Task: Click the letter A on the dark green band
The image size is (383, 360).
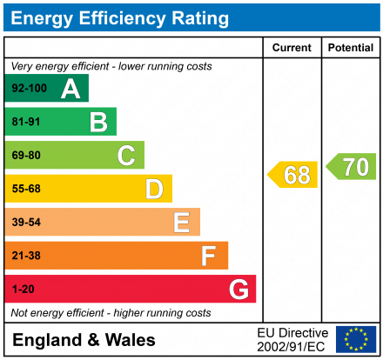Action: [x=71, y=89]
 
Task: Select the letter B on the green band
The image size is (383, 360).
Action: [x=98, y=123]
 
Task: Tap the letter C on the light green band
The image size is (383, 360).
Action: [x=126, y=156]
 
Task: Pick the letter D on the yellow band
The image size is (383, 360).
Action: [x=154, y=189]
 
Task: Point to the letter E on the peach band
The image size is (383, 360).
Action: [x=181, y=223]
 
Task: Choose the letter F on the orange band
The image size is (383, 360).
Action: [x=209, y=256]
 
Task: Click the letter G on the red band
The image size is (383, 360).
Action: [x=237, y=289]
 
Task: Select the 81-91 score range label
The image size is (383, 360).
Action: [x=25, y=123]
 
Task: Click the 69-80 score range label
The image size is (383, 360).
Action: [x=25, y=156]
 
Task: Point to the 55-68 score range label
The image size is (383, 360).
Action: [x=25, y=189]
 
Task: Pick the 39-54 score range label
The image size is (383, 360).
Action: [x=25, y=223]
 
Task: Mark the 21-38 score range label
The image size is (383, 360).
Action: [x=25, y=256]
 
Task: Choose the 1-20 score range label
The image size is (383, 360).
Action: [x=23, y=289]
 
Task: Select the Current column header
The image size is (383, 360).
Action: [x=292, y=48]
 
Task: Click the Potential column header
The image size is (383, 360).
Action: [x=350, y=48]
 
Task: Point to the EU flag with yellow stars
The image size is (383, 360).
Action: [x=356, y=339]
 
